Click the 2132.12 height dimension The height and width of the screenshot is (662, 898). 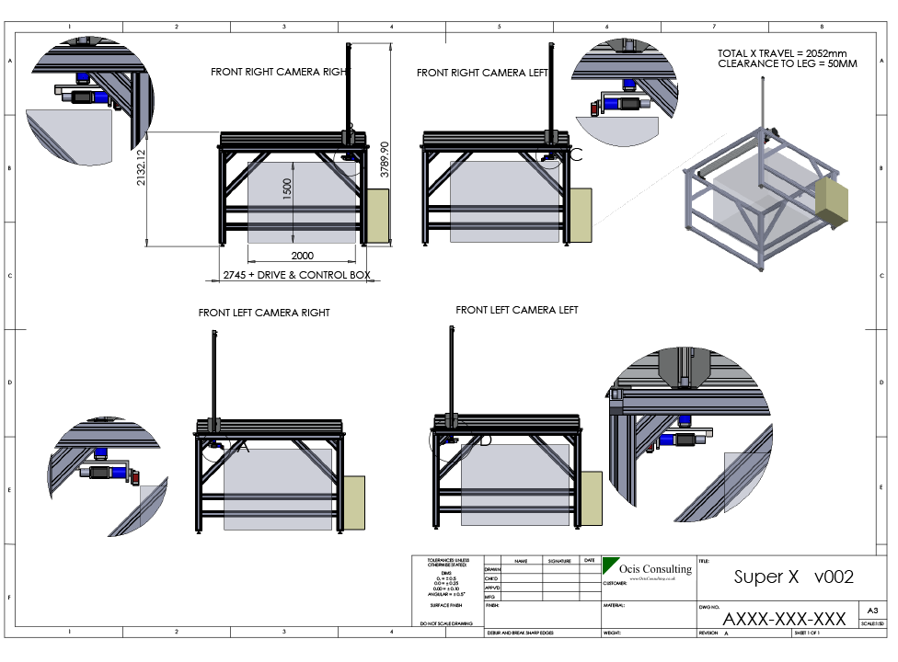coord(141,167)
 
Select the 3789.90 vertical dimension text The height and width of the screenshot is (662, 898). coord(384,159)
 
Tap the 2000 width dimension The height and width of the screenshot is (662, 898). coord(302,255)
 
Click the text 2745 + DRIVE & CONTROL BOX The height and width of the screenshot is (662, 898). coord(296,275)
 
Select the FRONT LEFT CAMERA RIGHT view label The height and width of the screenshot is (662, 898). coord(264,313)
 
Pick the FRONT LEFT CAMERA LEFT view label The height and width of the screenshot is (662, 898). coord(517,311)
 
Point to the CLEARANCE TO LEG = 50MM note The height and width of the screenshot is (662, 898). coord(787,64)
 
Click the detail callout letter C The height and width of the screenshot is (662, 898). coord(576,154)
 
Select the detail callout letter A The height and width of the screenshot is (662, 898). coord(243,447)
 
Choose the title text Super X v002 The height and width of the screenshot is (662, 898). coord(793,577)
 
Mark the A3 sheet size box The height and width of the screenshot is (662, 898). coord(871,609)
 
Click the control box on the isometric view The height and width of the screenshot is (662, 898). coord(832,202)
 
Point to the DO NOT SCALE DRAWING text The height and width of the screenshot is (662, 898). coord(445,623)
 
